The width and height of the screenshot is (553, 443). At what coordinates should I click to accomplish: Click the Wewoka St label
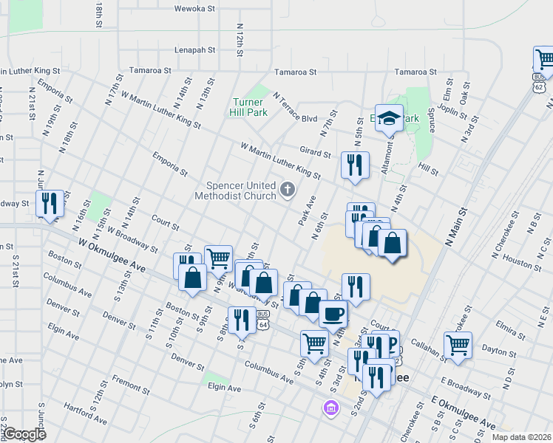click(x=194, y=9)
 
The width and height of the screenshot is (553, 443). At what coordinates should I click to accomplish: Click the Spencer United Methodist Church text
click(x=234, y=191)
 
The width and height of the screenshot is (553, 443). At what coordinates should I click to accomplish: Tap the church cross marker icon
click(x=288, y=191)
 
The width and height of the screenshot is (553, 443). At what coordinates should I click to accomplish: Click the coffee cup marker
click(x=333, y=313)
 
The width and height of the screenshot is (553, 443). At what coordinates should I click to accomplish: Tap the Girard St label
click(x=315, y=151)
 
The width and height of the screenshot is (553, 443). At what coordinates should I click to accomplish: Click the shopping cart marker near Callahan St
click(x=458, y=345)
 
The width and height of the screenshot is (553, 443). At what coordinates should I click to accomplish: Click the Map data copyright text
click(x=522, y=437)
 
